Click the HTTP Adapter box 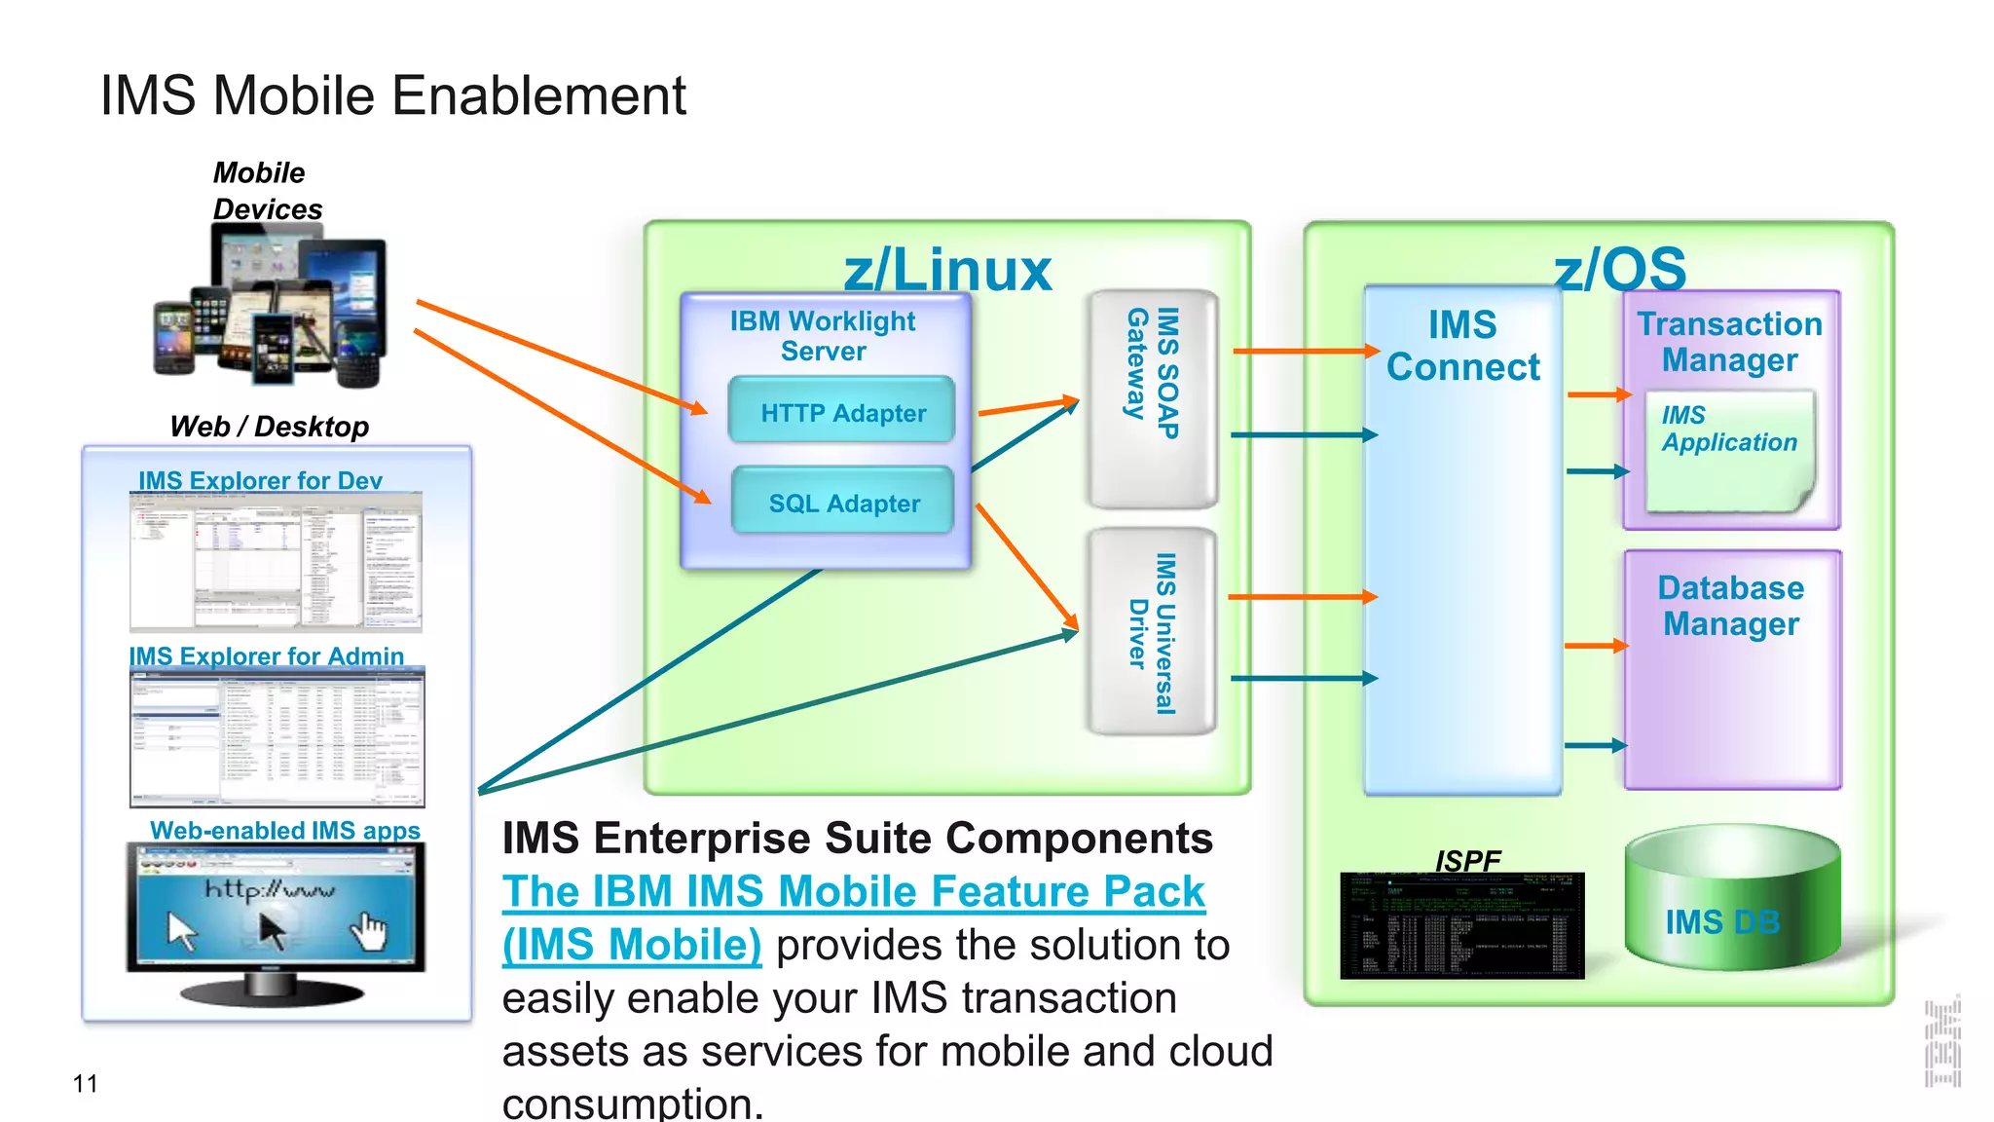click(842, 412)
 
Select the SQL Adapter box click(842, 503)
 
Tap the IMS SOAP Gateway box click(1153, 399)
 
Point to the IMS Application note click(1729, 451)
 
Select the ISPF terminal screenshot click(1462, 926)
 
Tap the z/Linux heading click(947, 270)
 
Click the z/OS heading click(1620, 269)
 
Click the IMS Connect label click(1462, 347)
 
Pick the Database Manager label click(1731, 606)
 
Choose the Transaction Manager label click(1729, 342)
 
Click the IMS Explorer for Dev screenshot click(277, 562)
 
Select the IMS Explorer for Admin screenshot click(277, 737)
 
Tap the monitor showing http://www click(276, 911)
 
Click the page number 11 click(85, 1084)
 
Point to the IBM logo click(1942, 1042)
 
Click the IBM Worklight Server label click(823, 336)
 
